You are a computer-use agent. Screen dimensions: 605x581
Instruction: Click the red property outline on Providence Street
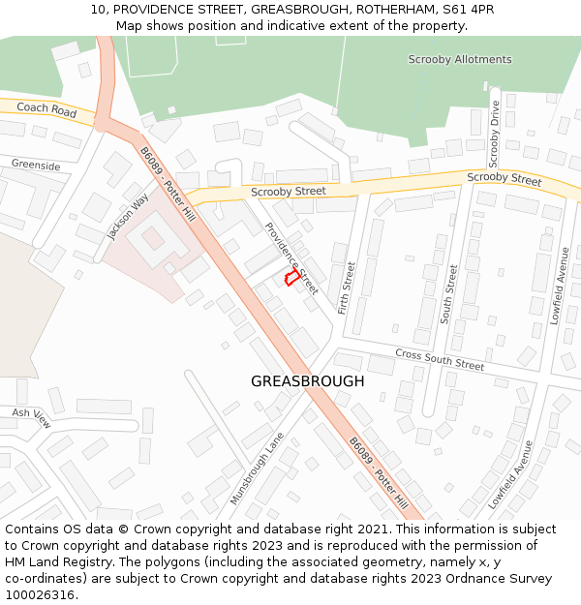click(290, 278)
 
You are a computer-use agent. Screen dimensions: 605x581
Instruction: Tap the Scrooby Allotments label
click(459, 60)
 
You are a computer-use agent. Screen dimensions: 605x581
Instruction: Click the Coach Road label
click(46, 111)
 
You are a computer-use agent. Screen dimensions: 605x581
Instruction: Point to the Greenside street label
click(36, 166)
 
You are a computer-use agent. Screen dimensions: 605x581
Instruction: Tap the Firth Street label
click(347, 287)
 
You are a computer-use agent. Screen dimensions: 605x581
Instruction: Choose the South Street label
click(449, 294)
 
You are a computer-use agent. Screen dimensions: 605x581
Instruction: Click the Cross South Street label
click(439, 360)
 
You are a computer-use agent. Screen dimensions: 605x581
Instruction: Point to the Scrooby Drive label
click(494, 133)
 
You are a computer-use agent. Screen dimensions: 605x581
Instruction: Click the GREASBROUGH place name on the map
click(308, 381)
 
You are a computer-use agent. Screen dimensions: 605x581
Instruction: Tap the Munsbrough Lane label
click(257, 469)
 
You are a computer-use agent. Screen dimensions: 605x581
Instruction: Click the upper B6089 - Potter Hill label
click(168, 185)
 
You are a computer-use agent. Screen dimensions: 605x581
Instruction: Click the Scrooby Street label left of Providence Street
click(289, 192)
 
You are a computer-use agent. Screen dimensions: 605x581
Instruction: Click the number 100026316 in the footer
click(40, 594)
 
